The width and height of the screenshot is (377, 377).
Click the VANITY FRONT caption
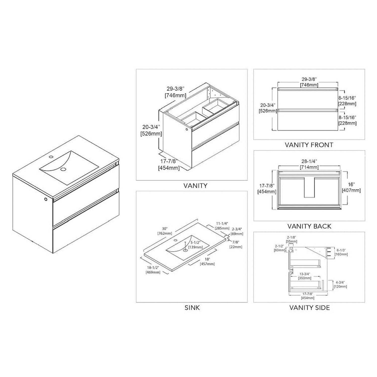[309, 145]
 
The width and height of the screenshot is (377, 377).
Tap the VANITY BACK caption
[309, 226]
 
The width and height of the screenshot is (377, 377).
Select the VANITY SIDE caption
[309, 307]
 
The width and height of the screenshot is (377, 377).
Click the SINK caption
[192, 307]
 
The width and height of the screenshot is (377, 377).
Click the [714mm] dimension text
[309, 167]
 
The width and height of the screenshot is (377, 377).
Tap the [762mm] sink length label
[164, 233]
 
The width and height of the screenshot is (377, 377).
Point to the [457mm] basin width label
[207, 264]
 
